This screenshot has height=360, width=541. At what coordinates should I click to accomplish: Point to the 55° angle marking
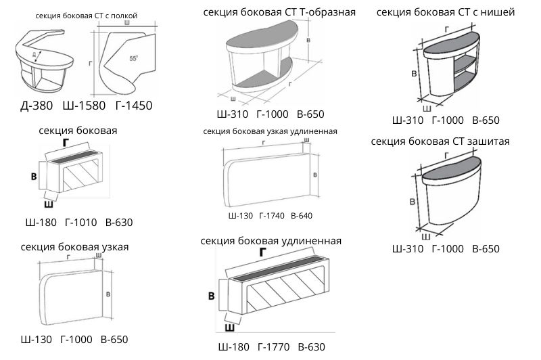click(134, 59)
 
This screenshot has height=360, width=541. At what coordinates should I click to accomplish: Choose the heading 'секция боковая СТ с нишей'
click(445, 12)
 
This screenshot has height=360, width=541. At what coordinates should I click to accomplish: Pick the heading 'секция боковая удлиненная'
click(270, 240)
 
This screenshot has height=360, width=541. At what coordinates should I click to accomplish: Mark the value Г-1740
click(272, 215)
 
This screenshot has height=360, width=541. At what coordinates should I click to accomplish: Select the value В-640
click(302, 215)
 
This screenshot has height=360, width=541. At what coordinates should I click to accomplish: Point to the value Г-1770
click(273, 347)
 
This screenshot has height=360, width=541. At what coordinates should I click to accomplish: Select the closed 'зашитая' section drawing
click(450, 193)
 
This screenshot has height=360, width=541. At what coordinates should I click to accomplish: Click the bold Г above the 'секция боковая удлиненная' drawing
click(262, 251)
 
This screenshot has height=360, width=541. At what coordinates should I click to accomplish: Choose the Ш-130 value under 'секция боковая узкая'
click(35, 339)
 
